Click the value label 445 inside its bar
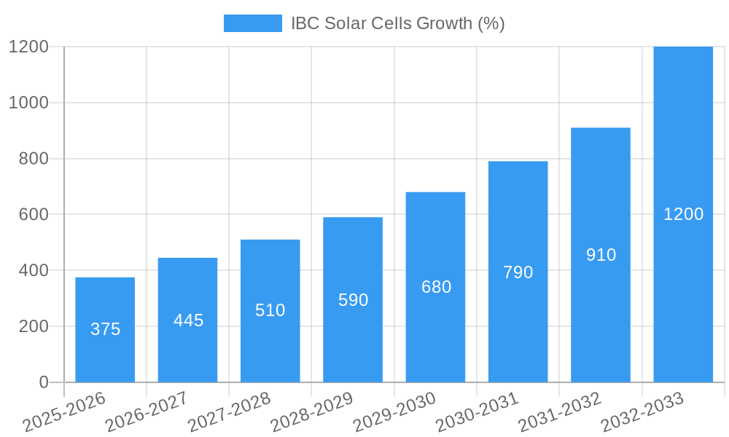coord(188,320)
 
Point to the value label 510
coord(270,310)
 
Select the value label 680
coord(436,287)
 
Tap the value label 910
coord(601,255)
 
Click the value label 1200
coord(683,214)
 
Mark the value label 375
coord(105,329)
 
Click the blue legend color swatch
coord(252,23)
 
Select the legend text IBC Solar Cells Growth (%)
coord(397,23)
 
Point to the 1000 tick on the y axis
coord(28,103)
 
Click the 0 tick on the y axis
coord(43,382)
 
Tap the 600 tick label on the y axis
coord(34,215)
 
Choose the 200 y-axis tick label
coord(34,326)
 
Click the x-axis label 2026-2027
coord(147,412)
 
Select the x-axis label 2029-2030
coord(394,412)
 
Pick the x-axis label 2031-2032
coord(559,412)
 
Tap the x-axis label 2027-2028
coord(229,412)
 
